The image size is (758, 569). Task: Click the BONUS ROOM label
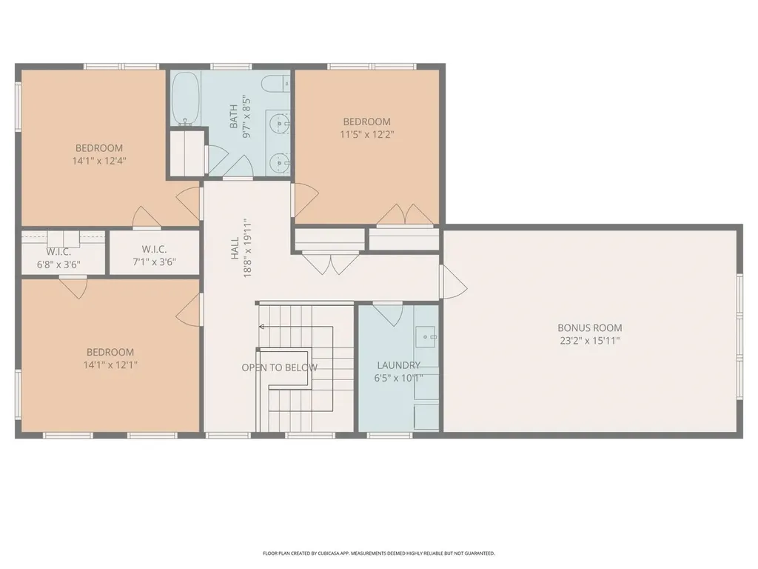pyautogui.click(x=589, y=327)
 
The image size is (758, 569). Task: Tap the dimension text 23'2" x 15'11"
pyautogui.click(x=589, y=342)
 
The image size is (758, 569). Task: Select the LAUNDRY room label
pyautogui.click(x=398, y=365)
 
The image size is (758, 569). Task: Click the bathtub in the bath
pyautogui.click(x=185, y=99)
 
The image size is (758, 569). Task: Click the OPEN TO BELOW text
pyautogui.click(x=279, y=367)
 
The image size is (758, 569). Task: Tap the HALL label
pyautogui.click(x=234, y=248)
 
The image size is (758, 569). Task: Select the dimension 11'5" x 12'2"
pyautogui.click(x=366, y=135)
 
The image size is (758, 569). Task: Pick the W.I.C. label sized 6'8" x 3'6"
pyautogui.click(x=58, y=251)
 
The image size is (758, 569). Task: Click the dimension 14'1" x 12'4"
pyautogui.click(x=99, y=160)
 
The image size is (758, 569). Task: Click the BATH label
pyautogui.click(x=234, y=116)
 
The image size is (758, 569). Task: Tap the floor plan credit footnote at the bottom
pyautogui.click(x=378, y=553)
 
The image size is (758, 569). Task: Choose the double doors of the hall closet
pyautogui.click(x=330, y=263)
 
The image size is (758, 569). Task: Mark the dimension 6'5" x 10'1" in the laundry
pyautogui.click(x=398, y=378)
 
